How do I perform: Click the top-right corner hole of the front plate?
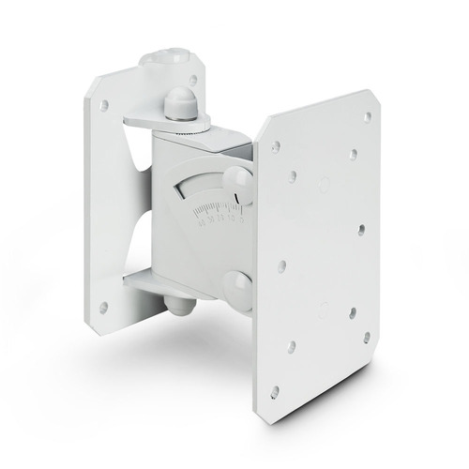pos(367,117)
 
